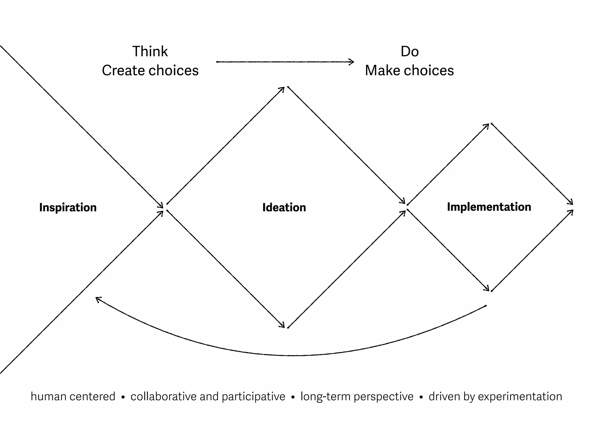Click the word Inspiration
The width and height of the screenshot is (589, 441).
(x=68, y=208)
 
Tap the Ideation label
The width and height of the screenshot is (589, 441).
(x=284, y=208)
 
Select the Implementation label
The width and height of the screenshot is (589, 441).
(x=489, y=207)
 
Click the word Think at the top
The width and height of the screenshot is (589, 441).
(x=150, y=52)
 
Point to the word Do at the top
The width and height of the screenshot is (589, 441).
(x=410, y=52)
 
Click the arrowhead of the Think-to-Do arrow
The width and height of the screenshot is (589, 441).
(x=352, y=62)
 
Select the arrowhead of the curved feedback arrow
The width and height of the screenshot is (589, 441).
(x=98, y=299)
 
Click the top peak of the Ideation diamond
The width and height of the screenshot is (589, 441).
(x=286, y=87)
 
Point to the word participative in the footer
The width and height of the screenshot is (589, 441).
(x=253, y=397)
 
